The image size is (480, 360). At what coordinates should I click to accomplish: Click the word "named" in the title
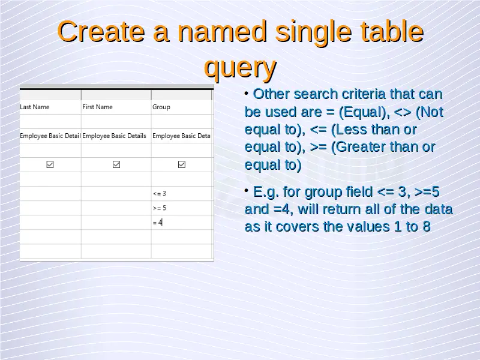[x=222, y=32]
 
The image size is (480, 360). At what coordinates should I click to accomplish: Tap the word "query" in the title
[x=241, y=68]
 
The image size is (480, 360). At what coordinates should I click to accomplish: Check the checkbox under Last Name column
[x=50, y=164]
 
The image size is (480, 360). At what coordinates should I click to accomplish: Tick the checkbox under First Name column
[x=116, y=164]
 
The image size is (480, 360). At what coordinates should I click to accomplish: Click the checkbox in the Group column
[x=182, y=164]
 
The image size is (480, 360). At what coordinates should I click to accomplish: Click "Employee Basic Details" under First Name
[x=114, y=136]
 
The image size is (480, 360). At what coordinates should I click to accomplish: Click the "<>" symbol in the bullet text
[x=403, y=112]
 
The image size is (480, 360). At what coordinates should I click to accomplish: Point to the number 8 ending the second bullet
[x=427, y=227]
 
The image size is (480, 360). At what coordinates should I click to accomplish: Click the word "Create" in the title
[x=101, y=32]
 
